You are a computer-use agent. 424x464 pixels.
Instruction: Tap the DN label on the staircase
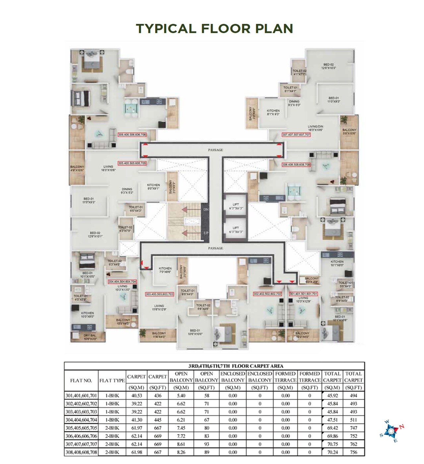pyautogui.click(x=206, y=209)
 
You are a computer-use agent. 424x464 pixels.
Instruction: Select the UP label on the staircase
pyautogui.click(x=206, y=233)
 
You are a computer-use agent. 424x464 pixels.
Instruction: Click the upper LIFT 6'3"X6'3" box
pyautogui.click(x=236, y=206)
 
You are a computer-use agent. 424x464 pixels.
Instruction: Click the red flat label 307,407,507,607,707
pyautogui.click(x=296, y=135)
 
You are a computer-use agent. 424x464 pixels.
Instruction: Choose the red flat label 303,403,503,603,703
pyautogui.click(x=159, y=294)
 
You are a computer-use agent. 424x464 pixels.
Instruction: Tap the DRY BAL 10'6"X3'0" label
pyautogui.click(x=88, y=337)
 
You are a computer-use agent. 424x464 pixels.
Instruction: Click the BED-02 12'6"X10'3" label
pyautogui.click(x=329, y=66)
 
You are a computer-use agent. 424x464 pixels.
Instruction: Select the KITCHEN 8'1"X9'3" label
pyautogui.click(x=273, y=112)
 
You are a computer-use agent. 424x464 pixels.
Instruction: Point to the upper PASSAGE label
pyautogui.click(x=215, y=150)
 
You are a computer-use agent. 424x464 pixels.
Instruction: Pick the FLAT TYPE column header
pyautogui.click(x=112, y=380)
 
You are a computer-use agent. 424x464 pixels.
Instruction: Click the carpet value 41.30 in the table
pyautogui.click(x=137, y=420)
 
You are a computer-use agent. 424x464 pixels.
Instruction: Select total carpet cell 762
pyautogui.click(x=353, y=444)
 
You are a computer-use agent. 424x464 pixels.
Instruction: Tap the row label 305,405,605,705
pyautogui.click(x=81, y=428)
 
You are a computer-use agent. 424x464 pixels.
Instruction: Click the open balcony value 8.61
pyautogui.click(x=181, y=444)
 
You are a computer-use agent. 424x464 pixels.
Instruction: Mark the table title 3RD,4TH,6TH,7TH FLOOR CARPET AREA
pyautogui.click(x=236, y=366)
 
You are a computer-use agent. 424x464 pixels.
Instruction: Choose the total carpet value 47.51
pyautogui.click(x=332, y=420)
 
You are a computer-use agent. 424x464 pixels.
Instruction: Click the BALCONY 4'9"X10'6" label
pyautogui.click(x=77, y=168)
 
